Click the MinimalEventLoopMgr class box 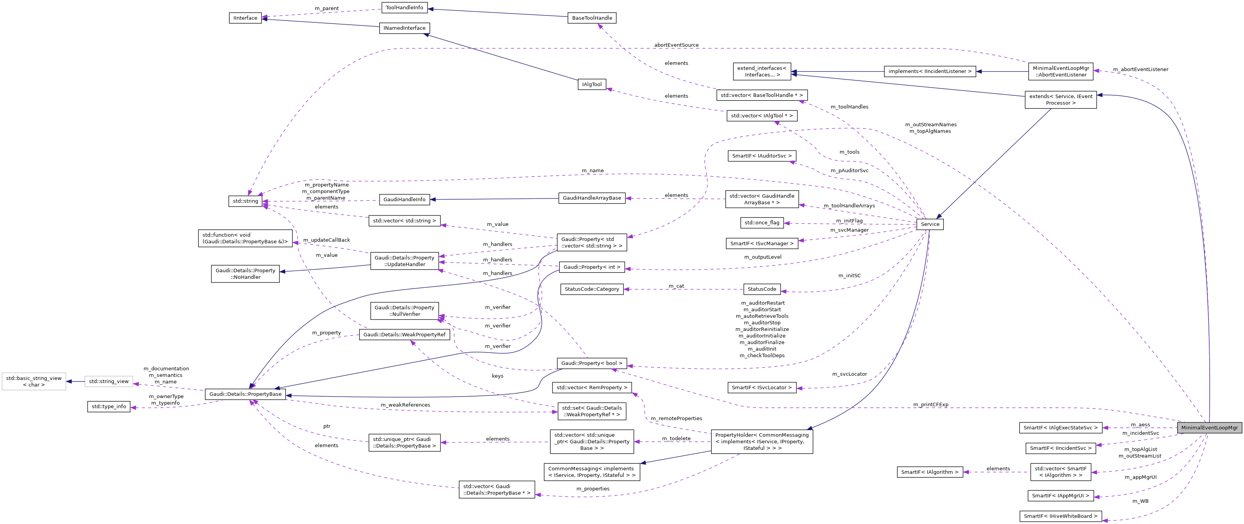tap(1209, 428)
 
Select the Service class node tap(930, 224)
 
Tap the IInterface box tap(245, 18)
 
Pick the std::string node tap(246, 201)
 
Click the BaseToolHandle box tap(592, 18)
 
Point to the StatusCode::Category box tap(592, 289)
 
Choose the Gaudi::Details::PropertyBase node tap(245, 394)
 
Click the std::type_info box tap(109, 407)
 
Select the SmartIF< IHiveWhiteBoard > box tap(1060, 516)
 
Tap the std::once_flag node tap(762, 223)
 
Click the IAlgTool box tap(592, 85)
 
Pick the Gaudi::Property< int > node tap(592, 267)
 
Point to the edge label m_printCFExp tap(931, 405)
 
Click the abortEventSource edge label tap(676, 45)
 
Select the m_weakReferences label tap(405, 405)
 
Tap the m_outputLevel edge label tap(762, 257)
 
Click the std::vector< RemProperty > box tap(592, 388)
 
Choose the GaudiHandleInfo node tap(405, 199)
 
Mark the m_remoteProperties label tap(676, 419)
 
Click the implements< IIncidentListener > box tap(930, 71)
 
